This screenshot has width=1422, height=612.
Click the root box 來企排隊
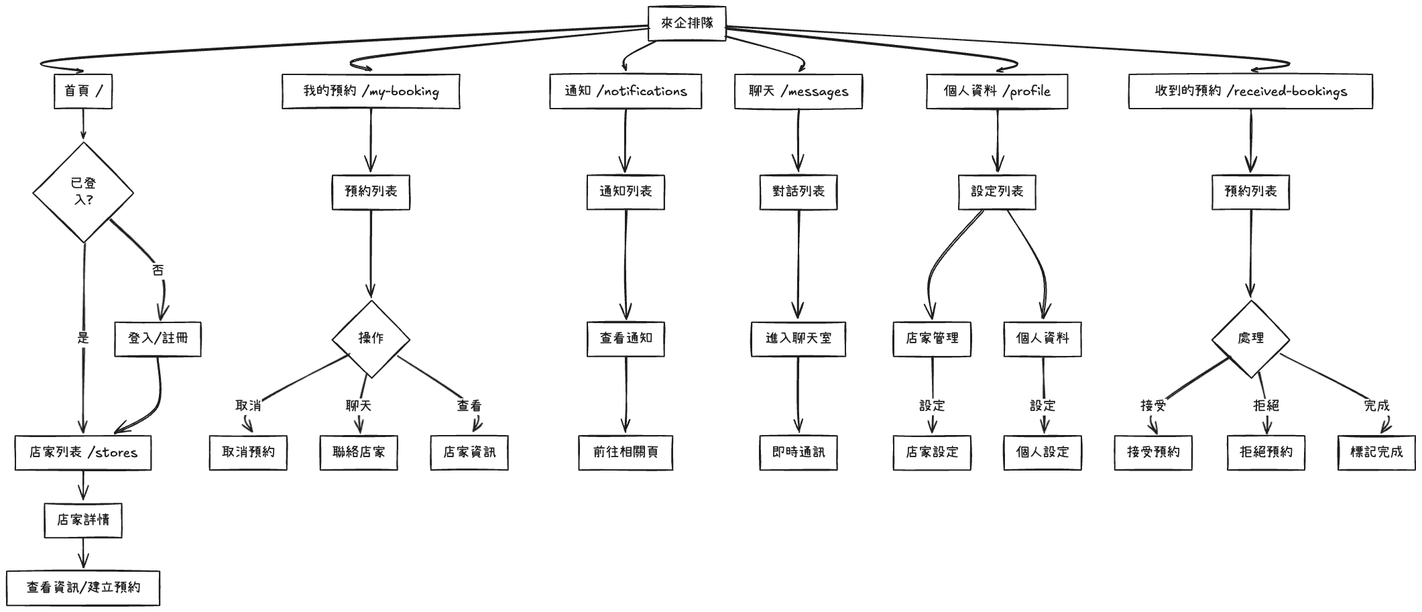click(x=687, y=23)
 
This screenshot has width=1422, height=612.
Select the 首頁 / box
click(x=83, y=91)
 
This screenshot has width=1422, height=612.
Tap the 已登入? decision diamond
click(x=83, y=192)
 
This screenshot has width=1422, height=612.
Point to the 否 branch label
click(x=158, y=270)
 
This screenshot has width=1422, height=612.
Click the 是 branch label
click(x=83, y=338)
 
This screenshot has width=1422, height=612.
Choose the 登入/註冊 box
click(x=158, y=339)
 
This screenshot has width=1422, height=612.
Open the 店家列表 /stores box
click(x=83, y=452)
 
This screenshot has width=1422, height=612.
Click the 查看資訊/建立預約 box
click(x=83, y=588)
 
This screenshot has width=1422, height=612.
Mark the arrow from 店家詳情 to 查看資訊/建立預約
click(x=83, y=554)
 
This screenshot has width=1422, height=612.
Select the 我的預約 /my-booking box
click(x=371, y=91)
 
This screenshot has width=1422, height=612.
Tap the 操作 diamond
click(x=371, y=339)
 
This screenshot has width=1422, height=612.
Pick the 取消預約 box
click(x=248, y=452)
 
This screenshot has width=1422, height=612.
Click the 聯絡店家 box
click(x=359, y=452)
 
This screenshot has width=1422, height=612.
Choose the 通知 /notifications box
click(x=625, y=91)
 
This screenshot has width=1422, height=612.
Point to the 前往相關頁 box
click(x=626, y=452)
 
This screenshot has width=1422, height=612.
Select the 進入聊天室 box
click(x=798, y=339)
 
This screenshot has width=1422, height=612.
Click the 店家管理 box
click(x=932, y=339)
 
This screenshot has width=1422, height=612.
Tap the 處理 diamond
click(x=1250, y=339)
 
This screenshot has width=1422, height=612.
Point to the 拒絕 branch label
click(x=1266, y=406)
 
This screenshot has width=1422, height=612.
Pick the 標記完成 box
click(x=1376, y=452)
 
